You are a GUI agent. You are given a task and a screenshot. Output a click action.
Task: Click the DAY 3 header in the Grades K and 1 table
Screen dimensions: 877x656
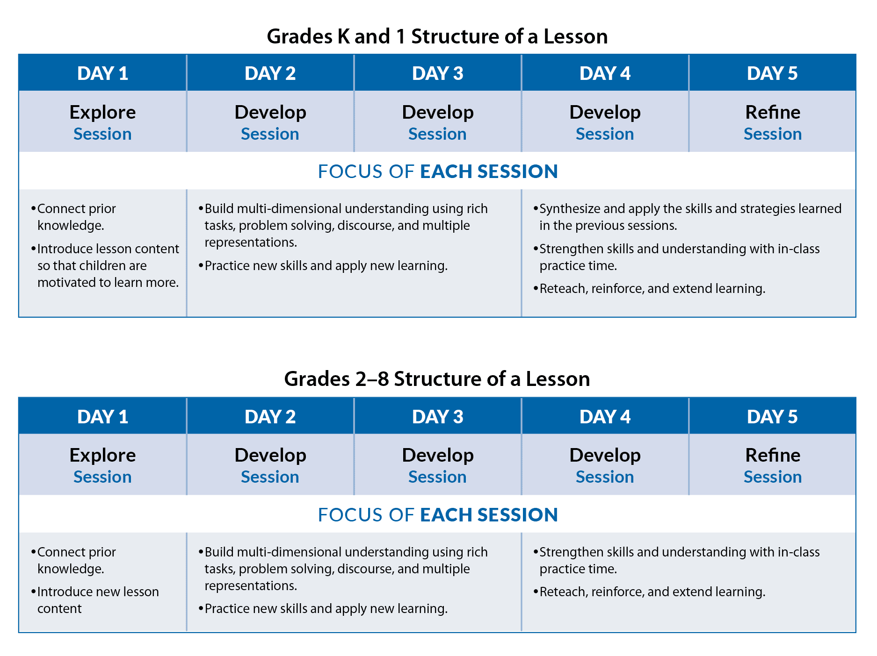point(437,73)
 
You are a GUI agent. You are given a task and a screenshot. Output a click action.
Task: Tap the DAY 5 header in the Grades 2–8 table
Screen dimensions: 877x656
point(772,417)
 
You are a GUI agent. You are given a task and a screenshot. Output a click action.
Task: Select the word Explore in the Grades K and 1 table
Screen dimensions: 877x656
point(102,113)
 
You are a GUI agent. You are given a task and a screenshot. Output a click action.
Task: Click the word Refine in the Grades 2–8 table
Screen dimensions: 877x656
point(773,455)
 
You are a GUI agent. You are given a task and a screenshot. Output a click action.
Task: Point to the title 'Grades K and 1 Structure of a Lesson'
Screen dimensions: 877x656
point(437,36)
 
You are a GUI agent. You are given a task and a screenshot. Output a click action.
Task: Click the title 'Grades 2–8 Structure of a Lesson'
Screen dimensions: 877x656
point(437,379)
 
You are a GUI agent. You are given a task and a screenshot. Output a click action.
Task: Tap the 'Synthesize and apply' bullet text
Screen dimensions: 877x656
point(687,217)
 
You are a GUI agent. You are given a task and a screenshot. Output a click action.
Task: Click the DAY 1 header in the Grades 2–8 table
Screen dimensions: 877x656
point(102,417)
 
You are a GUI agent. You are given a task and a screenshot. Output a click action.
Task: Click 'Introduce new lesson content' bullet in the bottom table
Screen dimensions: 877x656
point(95,600)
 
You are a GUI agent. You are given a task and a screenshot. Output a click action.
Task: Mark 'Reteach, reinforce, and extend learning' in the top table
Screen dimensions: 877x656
point(649,289)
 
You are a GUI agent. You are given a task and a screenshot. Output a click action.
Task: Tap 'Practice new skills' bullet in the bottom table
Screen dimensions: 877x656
point(323,608)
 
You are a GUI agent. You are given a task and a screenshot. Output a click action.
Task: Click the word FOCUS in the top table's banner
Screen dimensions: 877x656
point(350,171)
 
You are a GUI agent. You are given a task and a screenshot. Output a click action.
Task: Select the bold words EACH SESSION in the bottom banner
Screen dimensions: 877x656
point(489,515)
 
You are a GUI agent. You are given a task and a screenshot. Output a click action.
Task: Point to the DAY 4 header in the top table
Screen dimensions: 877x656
point(605,73)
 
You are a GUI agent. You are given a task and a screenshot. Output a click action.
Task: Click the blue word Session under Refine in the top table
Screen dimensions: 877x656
point(773,134)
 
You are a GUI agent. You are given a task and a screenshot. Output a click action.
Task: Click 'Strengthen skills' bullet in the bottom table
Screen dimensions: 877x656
point(676,560)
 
